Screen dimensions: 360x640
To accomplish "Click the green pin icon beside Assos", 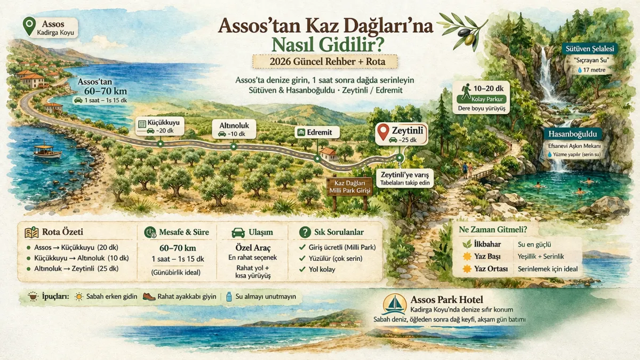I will coord(30,25).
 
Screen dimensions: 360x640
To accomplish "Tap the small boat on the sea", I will coord(47,151).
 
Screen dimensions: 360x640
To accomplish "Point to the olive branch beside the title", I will coord(463,29).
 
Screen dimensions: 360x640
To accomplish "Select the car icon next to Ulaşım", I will coord(238,233).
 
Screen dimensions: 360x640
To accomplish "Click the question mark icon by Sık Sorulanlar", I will coord(305,232).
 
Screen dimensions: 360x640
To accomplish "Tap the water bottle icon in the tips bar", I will coord(229,297).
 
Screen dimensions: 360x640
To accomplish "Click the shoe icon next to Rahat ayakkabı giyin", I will coord(149,297).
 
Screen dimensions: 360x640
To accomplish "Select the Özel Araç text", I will coord(253,247).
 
